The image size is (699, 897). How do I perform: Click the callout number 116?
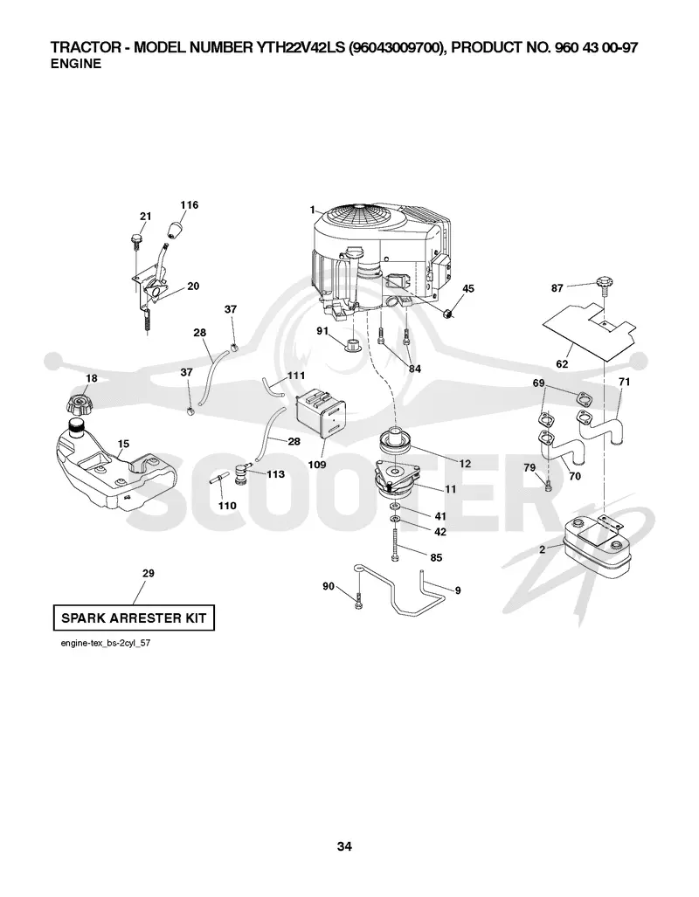[x=189, y=204]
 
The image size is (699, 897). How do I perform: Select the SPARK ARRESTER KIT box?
[x=134, y=618]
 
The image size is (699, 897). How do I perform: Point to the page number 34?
[x=344, y=846]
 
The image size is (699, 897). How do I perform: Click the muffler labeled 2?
[x=597, y=549]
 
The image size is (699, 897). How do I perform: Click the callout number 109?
[x=316, y=465]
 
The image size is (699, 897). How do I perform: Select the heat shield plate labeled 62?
[x=590, y=331]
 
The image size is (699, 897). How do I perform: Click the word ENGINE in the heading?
[x=76, y=64]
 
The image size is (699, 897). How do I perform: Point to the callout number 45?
[x=467, y=288]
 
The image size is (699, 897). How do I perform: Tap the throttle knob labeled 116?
[x=174, y=231]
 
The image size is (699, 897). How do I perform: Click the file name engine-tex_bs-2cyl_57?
[x=106, y=643]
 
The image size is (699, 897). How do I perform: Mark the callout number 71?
[x=624, y=382]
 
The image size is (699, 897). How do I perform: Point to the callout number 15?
[x=123, y=444]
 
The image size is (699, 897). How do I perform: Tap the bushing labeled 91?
[x=352, y=345]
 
